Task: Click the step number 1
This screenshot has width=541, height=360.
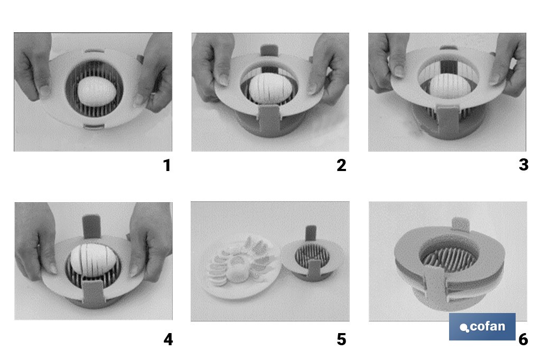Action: pyautogui.click(x=167, y=166)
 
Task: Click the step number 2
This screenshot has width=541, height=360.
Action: pyautogui.click(x=341, y=166)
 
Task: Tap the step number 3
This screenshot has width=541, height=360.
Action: pyautogui.click(x=523, y=165)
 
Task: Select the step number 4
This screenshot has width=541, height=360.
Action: pyautogui.click(x=168, y=339)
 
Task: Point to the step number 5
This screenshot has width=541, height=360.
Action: pyautogui.click(x=341, y=339)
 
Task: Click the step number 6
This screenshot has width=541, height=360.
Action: pyautogui.click(x=523, y=339)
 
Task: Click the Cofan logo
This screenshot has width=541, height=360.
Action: pyautogui.click(x=482, y=327)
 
